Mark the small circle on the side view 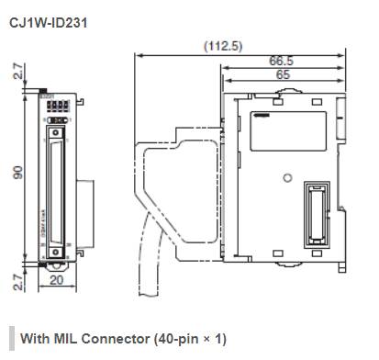coord(286,177)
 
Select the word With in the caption coord(33,338)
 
